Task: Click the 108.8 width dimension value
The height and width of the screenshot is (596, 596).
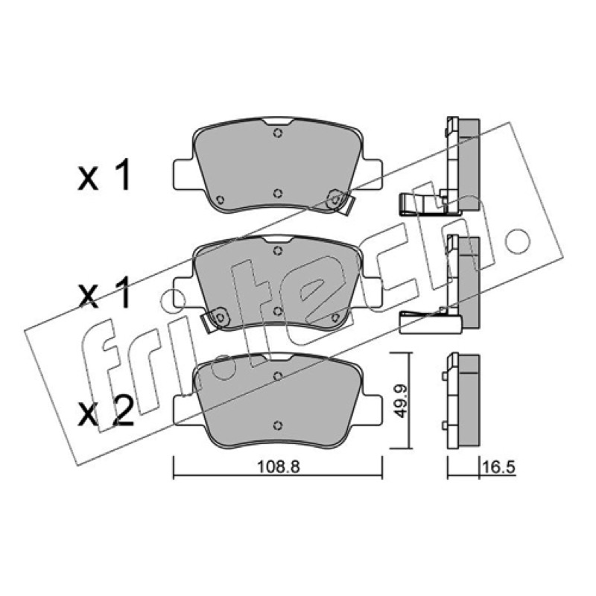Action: point(279,467)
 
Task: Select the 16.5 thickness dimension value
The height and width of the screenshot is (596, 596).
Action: point(498,467)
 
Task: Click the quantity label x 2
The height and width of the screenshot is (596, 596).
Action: point(105,411)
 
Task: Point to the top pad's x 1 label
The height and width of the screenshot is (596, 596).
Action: point(104,175)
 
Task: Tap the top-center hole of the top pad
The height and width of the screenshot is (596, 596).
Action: point(278,133)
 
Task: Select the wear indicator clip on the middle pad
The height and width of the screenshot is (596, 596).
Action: point(215,319)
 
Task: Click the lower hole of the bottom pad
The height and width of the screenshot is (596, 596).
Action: point(278,425)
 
